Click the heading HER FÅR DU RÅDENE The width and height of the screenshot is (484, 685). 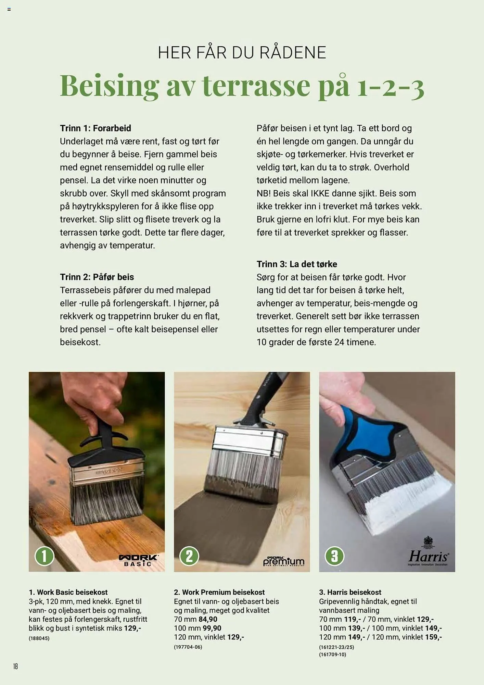coord(242,52)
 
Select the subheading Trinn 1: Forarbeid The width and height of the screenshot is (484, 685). coord(95,128)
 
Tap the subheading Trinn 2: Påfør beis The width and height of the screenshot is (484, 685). coord(97,277)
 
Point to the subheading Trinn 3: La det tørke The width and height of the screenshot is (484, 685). coord(297,264)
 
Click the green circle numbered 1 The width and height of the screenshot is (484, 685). coord(44,556)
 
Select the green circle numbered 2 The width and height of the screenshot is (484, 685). coord(189,556)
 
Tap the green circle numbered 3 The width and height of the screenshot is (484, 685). coord(334,556)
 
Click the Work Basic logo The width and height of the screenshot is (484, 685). coord(138,560)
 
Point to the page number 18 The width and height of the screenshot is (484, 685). coord(15,666)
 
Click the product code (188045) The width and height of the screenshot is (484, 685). coord(39,638)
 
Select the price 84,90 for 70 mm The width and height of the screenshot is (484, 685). coord(208,619)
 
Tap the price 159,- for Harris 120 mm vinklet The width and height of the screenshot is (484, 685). coord(433,637)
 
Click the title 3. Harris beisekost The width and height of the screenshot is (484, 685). coord(350,592)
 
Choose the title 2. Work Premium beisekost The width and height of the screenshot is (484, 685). coord(219,592)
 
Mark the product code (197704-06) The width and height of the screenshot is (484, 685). coord(188,647)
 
